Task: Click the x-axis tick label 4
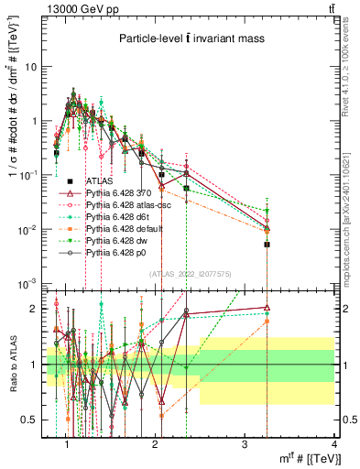coord(334,443)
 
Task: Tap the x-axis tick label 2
coord(156,443)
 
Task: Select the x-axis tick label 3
coord(245,443)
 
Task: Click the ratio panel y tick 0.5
coord(35,420)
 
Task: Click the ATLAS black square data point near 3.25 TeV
coord(267,245)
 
